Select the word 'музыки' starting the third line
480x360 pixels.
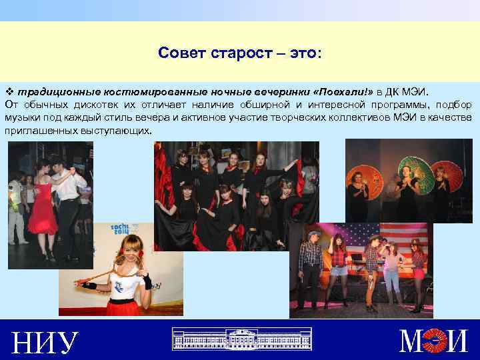(23, 118)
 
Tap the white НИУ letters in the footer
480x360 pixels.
(44, 342)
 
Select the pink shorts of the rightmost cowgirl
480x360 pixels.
(418, 273)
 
